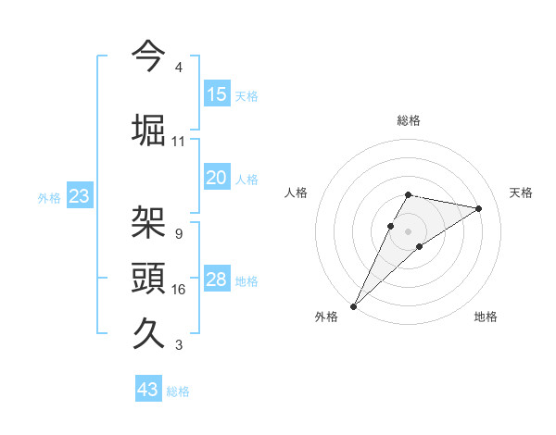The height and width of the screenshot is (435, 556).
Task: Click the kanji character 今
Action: [148, 55]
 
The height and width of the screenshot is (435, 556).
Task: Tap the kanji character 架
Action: [148, 221]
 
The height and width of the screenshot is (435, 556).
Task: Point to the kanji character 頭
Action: [148, 277]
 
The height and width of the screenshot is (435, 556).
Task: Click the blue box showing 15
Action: [217, 94]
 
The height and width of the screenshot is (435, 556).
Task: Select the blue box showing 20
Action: [217, 178]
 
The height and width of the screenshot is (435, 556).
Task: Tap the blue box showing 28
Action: [217, 280]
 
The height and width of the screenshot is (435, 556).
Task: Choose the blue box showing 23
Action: [79, 196]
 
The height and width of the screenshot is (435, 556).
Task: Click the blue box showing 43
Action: [148, 390]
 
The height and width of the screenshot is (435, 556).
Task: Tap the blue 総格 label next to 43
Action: [178, 391]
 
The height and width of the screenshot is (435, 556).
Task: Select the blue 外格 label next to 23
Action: [49, 197]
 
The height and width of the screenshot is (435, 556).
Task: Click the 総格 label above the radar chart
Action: [408, 120]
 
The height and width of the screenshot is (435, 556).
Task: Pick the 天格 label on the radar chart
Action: [521, 193]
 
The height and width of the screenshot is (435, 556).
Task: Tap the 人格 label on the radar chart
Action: [296, 193]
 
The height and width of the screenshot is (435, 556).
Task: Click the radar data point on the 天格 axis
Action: [478, 208]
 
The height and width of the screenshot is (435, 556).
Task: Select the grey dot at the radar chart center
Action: [408, 230]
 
